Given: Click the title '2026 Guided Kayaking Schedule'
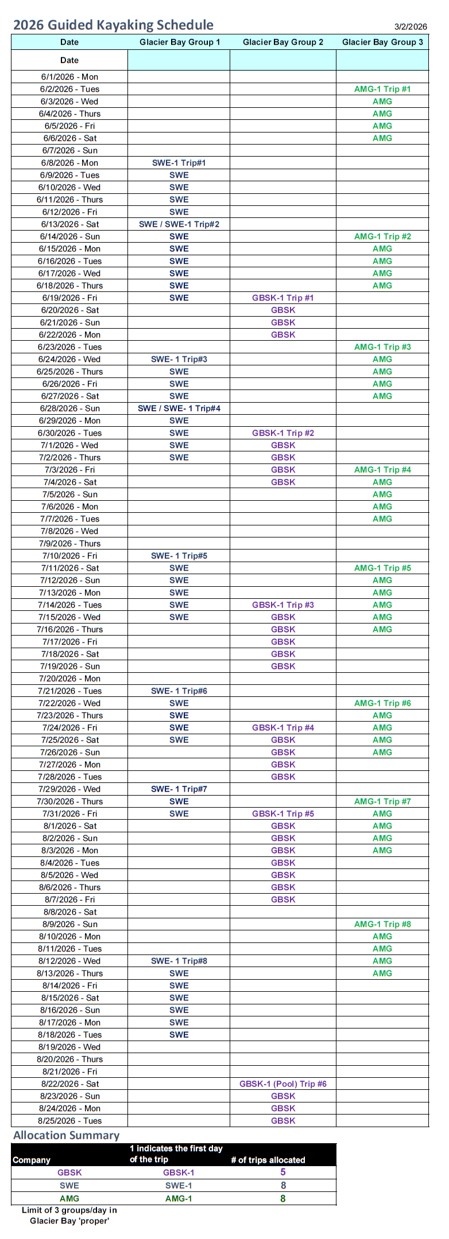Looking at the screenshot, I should click(113, 25).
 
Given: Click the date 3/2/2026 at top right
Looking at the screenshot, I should click(411, 27).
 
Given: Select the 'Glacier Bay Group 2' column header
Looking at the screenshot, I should click(283, 42).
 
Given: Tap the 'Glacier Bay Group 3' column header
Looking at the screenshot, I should click(382, 42).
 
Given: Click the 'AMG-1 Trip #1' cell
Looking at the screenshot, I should click(382, 89).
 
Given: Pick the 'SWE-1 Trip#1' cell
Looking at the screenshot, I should click(179, 163).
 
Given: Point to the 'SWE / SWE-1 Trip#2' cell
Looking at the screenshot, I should click(179, 224).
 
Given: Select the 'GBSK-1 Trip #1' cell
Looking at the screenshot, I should click(283, 298).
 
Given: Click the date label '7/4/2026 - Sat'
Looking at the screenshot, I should click(69, 482).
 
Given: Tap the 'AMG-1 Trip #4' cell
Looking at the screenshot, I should click(382, 470).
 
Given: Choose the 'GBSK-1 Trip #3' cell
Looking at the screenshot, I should click(283, 605).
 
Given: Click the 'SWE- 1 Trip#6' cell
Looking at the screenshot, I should click(179, 691).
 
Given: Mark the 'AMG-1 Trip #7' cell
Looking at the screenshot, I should click(382, 801).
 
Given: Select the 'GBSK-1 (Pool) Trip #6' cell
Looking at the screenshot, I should click(283, 1084).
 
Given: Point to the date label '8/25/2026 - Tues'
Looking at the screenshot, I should click(69, 1120).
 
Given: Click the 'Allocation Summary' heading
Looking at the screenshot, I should click(67, 1135).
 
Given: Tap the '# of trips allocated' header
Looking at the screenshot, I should click(268, 1160).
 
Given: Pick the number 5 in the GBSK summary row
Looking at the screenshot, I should click(283, 1172).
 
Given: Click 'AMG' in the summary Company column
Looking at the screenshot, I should click(69, 1198).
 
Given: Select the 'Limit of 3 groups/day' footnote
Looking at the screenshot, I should click(69, 1215).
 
